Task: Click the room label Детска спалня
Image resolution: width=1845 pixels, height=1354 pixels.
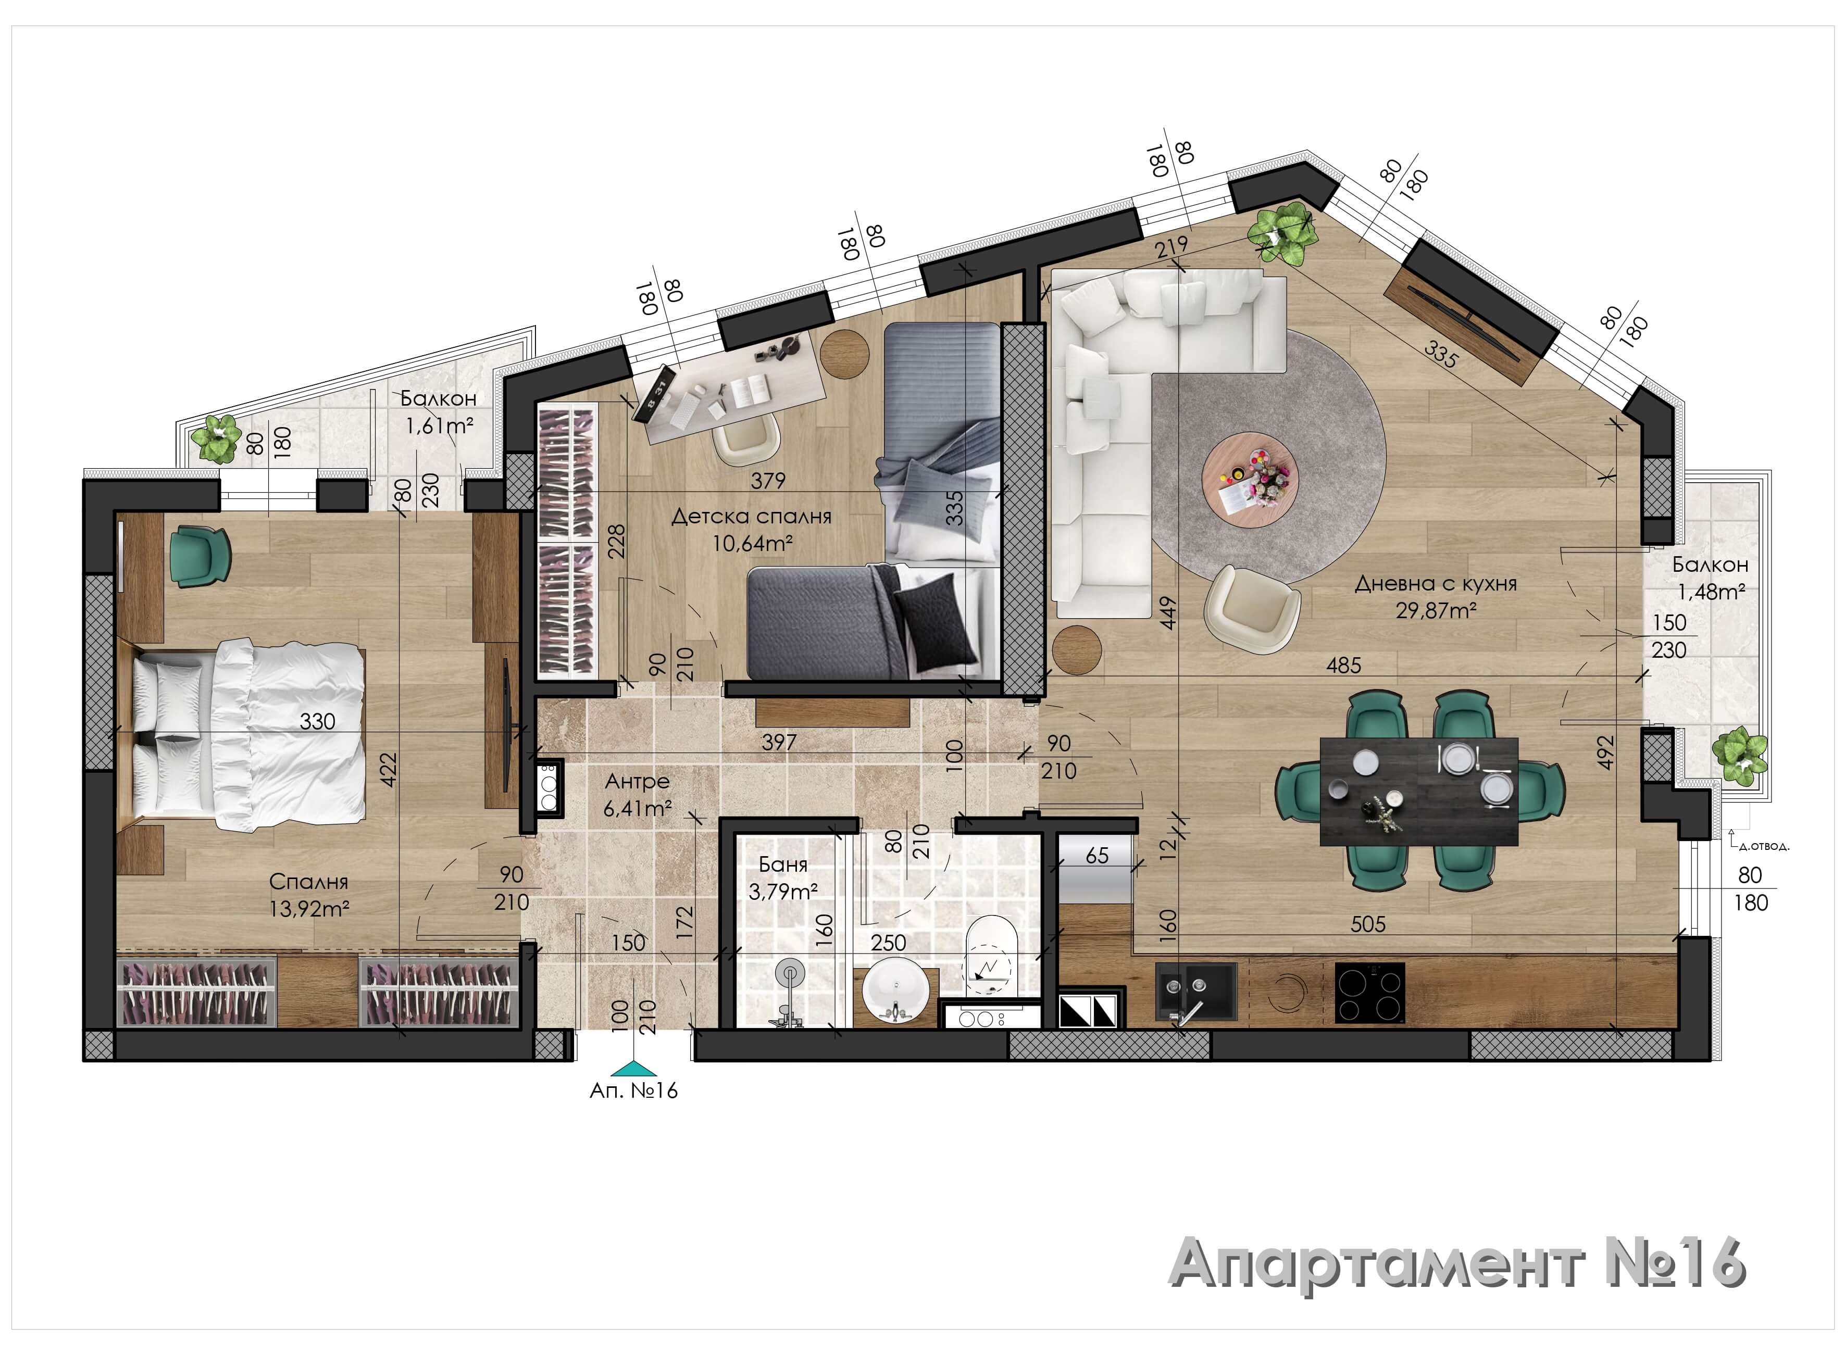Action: (x=751, y=517)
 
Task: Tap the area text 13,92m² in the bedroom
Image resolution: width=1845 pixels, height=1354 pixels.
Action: (x=310, y=909)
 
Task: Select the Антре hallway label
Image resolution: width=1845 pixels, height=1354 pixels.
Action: (x=637, y=782)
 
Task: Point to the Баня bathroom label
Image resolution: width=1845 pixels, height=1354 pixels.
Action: (x=783, y=864)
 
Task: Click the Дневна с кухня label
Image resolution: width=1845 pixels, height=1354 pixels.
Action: (x=1435, y=584)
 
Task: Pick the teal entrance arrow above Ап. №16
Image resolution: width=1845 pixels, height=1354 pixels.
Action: (x=633, y=1068)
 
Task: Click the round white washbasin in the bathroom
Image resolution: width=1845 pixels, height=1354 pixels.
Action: (x=895, y=997)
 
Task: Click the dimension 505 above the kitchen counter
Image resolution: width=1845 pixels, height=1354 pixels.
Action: (x=1368, y=924)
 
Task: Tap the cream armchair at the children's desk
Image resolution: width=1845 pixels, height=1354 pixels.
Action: (x=745, y=440)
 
